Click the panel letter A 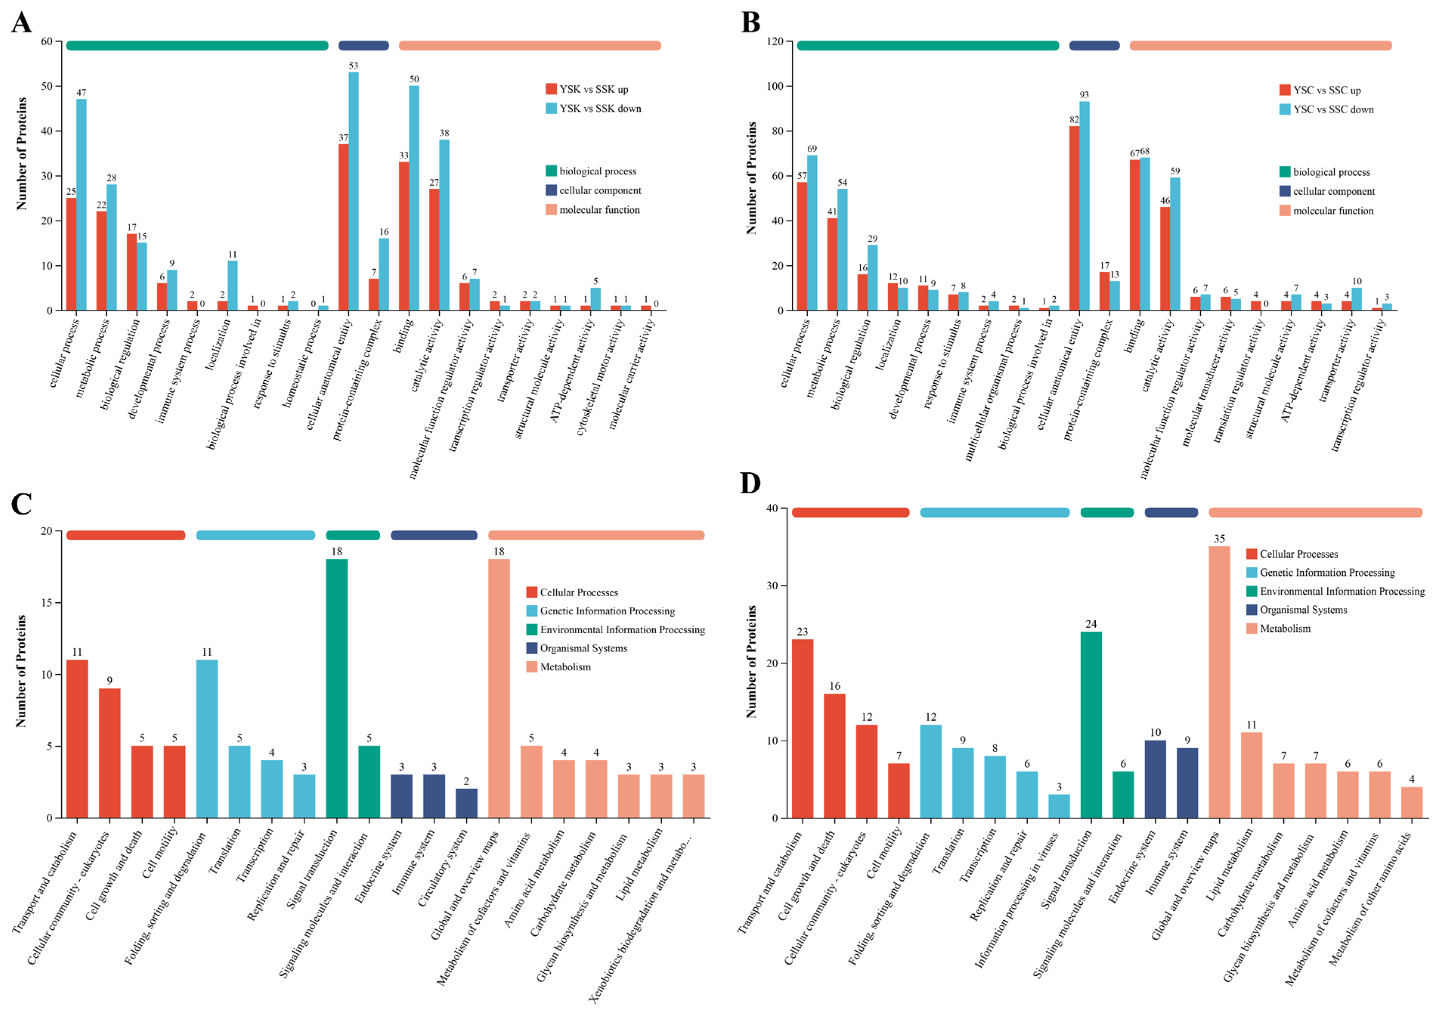coord(21,23)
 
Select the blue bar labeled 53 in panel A coord(354,191)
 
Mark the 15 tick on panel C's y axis coord(46,602)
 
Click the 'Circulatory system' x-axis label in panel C coord(443,867)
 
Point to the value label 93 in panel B coord(1084,95)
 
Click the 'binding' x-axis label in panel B coord(1134,335)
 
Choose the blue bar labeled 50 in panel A coord(414,198)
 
